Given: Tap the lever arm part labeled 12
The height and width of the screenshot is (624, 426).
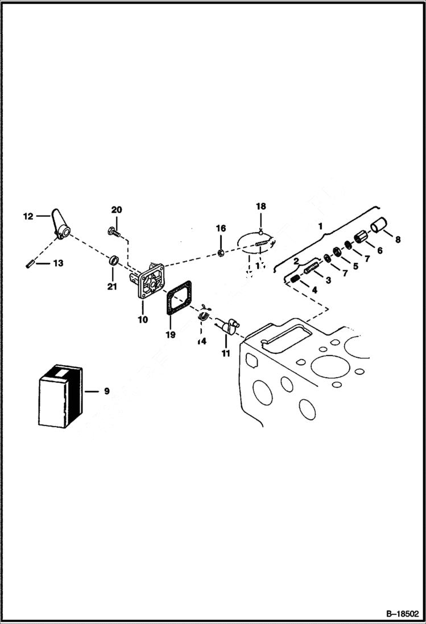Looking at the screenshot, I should tap(60, 225).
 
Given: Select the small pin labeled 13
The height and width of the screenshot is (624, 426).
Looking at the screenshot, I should tap(30, 263).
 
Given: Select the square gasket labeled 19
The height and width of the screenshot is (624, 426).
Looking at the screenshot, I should tap(180, 300).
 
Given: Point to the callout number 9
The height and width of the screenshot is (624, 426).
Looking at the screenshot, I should tap(106, 391).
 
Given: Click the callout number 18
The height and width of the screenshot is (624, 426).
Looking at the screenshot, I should tap(260, 206).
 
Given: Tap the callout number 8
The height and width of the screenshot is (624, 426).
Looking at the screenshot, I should tap(398, 239).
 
